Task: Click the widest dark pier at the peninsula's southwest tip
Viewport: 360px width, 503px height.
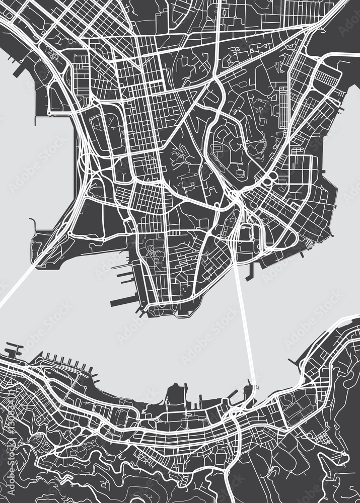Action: point(124,301)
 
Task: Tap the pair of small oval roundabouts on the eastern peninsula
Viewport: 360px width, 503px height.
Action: point(269,178)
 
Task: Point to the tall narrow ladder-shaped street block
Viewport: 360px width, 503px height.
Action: point(283,108)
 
